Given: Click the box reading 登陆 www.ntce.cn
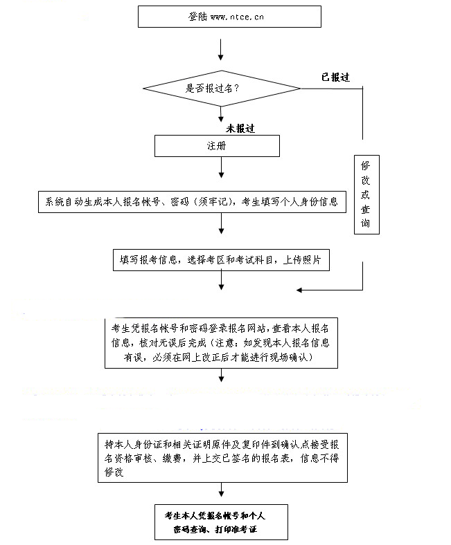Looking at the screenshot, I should coord(229,17).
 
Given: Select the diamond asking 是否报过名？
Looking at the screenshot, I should coord(221,89).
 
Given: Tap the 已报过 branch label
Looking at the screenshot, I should coord(335,77).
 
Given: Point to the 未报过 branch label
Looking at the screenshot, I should coord(240,129).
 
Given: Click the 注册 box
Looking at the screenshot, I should coord(217,146).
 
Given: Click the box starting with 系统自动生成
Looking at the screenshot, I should coord(191,202).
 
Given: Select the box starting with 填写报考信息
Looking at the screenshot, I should coord(221,260).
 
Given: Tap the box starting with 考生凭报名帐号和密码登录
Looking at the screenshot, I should coord(221,341).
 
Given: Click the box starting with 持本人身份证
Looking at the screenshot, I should coord(221,457).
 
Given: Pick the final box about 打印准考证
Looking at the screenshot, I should coord(221,522).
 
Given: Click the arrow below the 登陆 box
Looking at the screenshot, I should coord(221,48).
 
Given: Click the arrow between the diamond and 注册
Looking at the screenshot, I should coord(221,117).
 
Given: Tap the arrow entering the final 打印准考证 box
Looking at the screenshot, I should coord(221,492).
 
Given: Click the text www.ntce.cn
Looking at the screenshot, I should coord(236,17).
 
